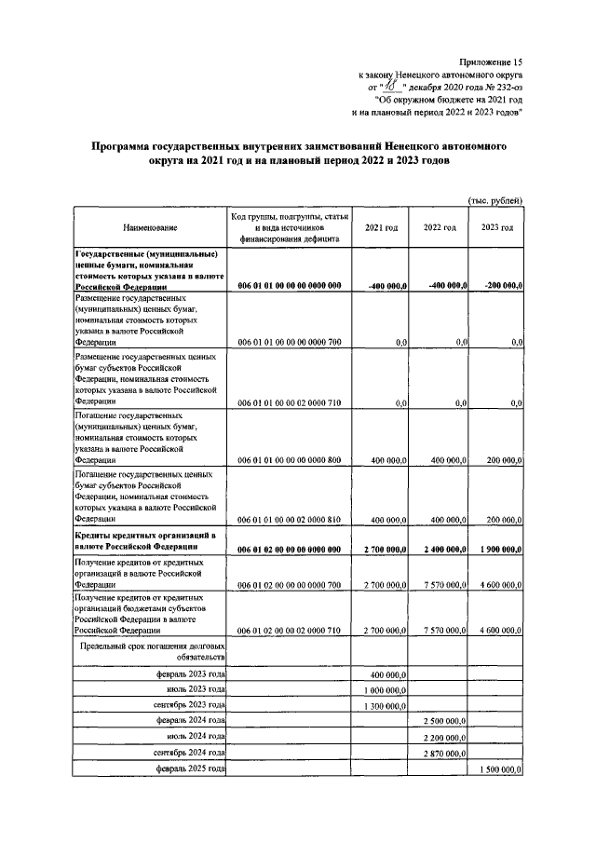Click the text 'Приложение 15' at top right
(x=491, y=60)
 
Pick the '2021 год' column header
(x=382, y=228)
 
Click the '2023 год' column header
(x=496, y=228)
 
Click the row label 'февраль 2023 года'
(x=192, y=673)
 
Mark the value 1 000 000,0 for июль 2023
(x=386, y=689)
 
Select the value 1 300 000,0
(x=386, y=706)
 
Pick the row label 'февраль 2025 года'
(x=192, y=770)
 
